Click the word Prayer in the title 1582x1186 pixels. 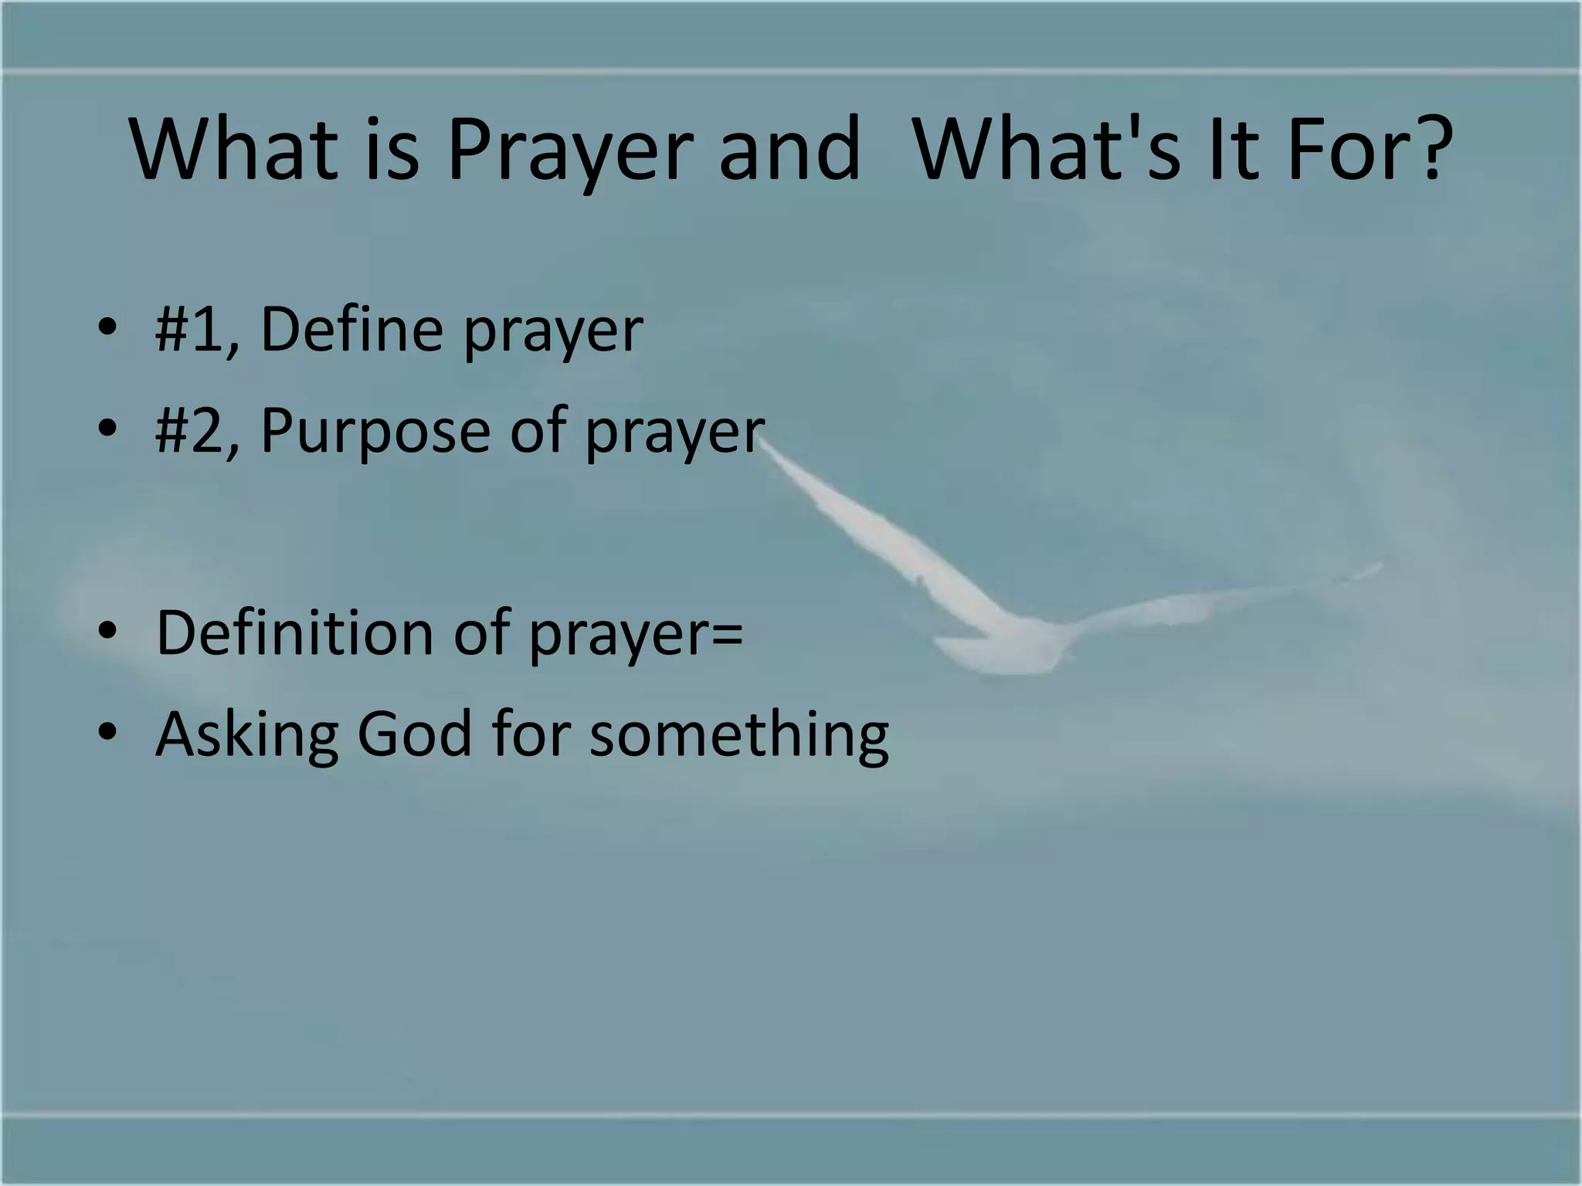(x=565, y=151)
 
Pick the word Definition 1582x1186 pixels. (x=296, y=633)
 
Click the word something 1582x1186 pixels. (x=739, y=735)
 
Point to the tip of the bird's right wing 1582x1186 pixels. (x=1379, y=568)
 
